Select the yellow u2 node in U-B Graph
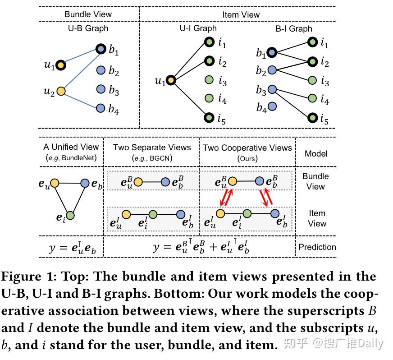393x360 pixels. coord(61,91)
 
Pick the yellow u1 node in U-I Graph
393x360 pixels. coord(170,81)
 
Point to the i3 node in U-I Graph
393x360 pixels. coord(209,80)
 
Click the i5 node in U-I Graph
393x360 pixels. coord(209,118)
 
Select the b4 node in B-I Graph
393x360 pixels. coord(272,106)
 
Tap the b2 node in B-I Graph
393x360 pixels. coord(272,70)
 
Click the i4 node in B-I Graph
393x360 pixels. coord(312,98)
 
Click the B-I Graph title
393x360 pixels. coord(293,28)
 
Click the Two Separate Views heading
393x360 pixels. coord(152,148)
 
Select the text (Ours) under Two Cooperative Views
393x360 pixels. coord(247,159)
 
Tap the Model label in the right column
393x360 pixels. coord(316,153)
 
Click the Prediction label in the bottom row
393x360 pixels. coord(317,247)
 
